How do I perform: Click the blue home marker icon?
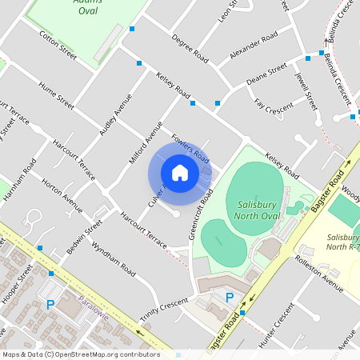tap(180, 173)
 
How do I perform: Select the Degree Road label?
tap(190, 50)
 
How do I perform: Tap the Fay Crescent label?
tap(274, 106)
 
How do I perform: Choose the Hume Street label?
tap(56, 94)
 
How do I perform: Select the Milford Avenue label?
tap(146, 142)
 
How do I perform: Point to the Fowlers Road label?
tap(190, 148)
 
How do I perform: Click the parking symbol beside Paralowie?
tap(50, 304)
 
